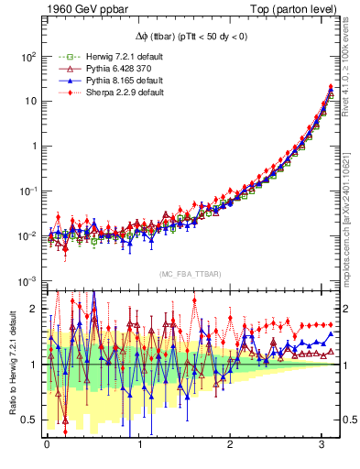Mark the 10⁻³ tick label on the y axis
(25, 281)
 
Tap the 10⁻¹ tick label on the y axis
(25, 191)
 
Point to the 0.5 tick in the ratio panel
(27, 420)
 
